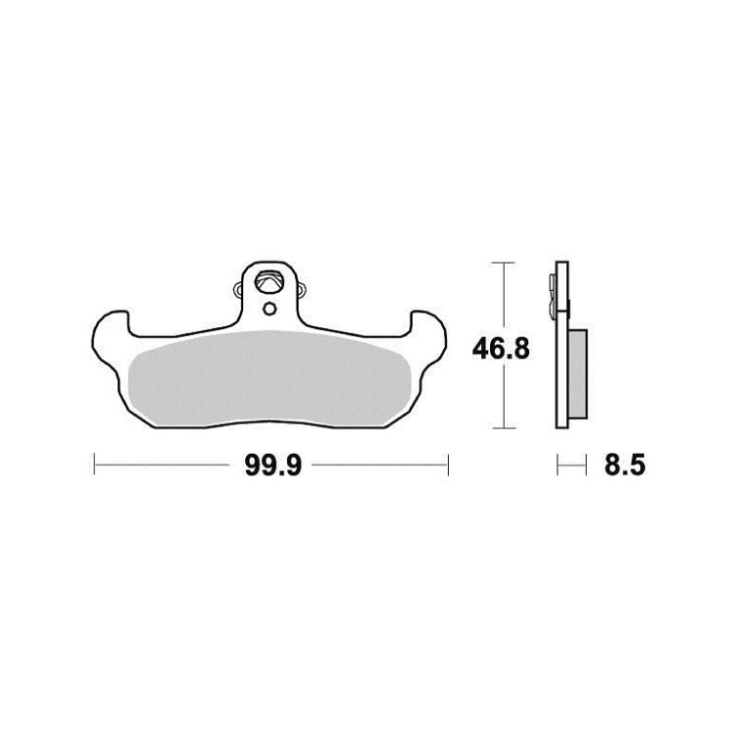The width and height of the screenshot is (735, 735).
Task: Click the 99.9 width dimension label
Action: [273, 465]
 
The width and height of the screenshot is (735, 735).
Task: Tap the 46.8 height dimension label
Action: [501, 349]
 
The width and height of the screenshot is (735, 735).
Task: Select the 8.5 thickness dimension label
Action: [624, 465]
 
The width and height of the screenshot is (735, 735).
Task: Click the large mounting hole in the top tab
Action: [269, 281]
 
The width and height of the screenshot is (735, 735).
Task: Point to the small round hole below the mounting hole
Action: [269, 309]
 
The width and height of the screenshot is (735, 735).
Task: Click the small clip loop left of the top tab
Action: [238, 290]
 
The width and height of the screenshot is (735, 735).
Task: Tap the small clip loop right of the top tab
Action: [302, 291]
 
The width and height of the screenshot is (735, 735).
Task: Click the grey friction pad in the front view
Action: [269, 377]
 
